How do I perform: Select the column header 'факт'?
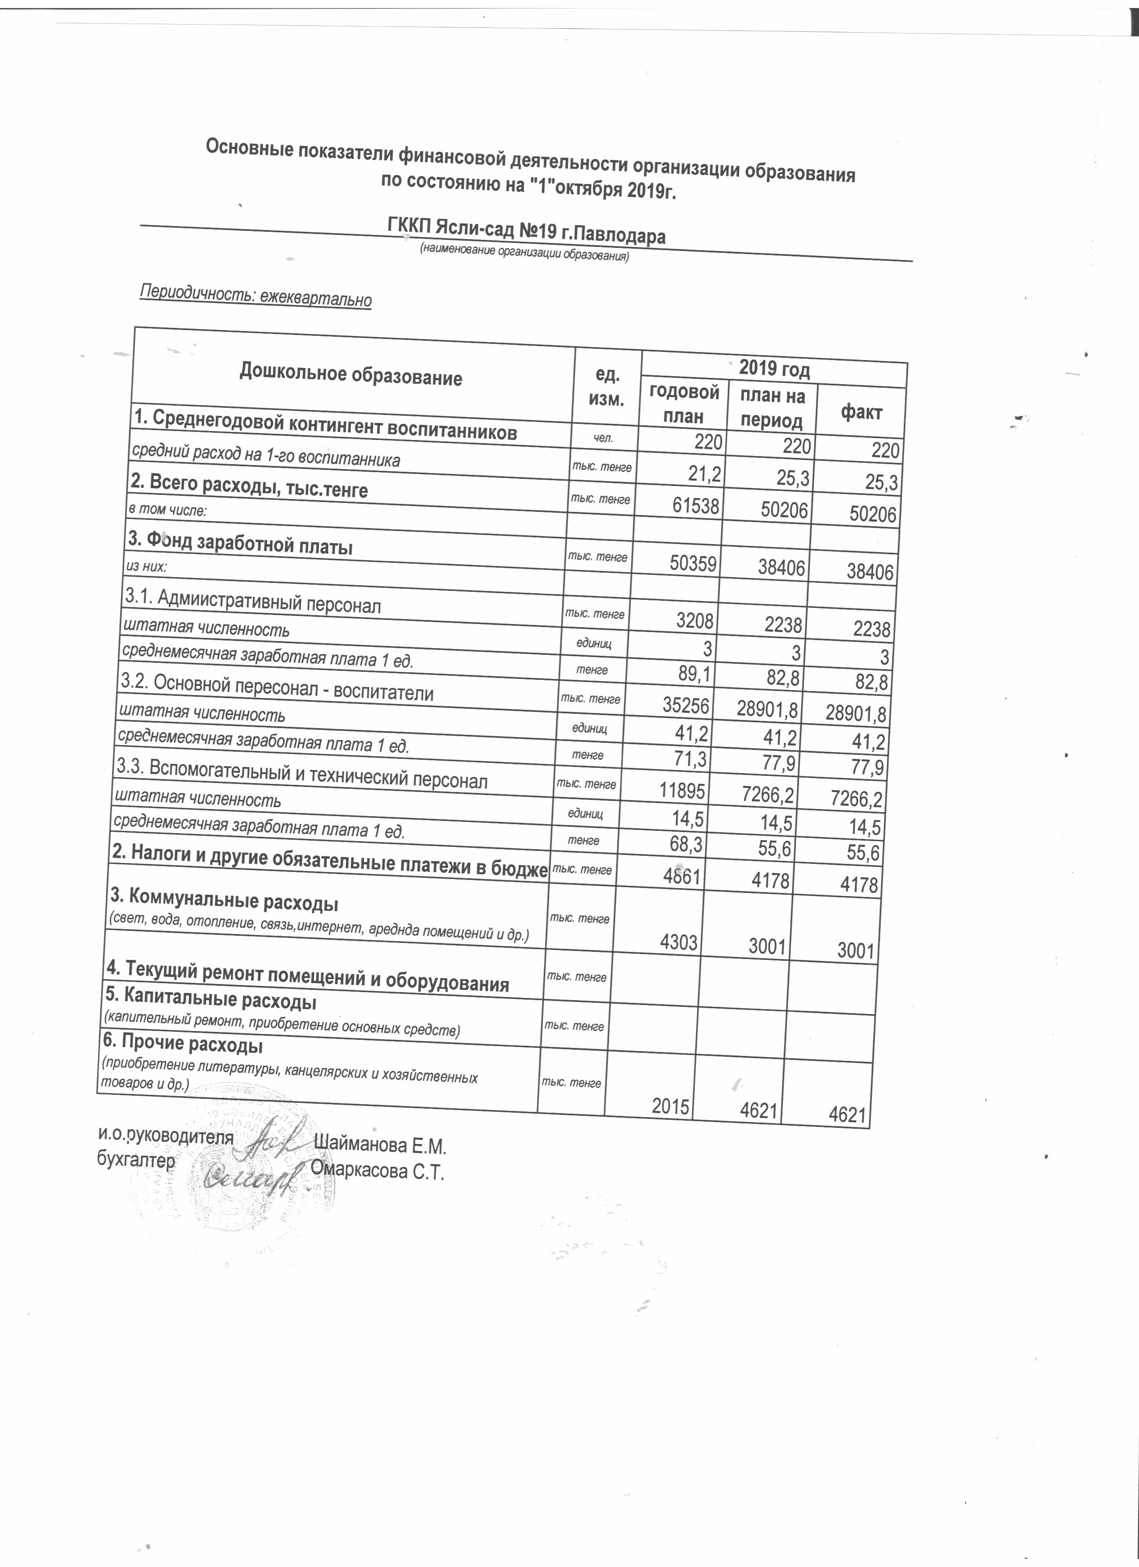(861, 412)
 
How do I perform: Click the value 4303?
(678, 943)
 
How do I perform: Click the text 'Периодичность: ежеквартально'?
(255, 295)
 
